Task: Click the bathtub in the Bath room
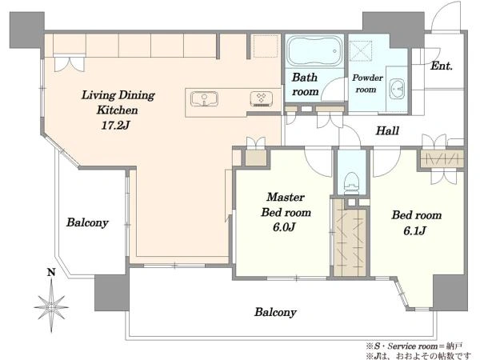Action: (314, 51)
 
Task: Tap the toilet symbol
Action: (351, 183)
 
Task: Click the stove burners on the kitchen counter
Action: (261, 98)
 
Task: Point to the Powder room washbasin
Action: (397, 89)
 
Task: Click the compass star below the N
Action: (51, 306)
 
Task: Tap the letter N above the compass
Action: (51, 272)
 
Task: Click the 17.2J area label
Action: (115, 125)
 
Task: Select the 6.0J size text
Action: (284, 227)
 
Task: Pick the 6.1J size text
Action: (414, 230)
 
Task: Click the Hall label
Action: (387, 131)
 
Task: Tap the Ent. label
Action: (441, 66)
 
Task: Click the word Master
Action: (286, 197)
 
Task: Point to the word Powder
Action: (367, 78)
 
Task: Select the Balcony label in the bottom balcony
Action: (275, 312)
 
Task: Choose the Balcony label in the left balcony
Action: (87, 222)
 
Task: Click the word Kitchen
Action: (118, 110)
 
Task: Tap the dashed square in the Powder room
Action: (361, 50)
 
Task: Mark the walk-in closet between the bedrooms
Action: (350, 238)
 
